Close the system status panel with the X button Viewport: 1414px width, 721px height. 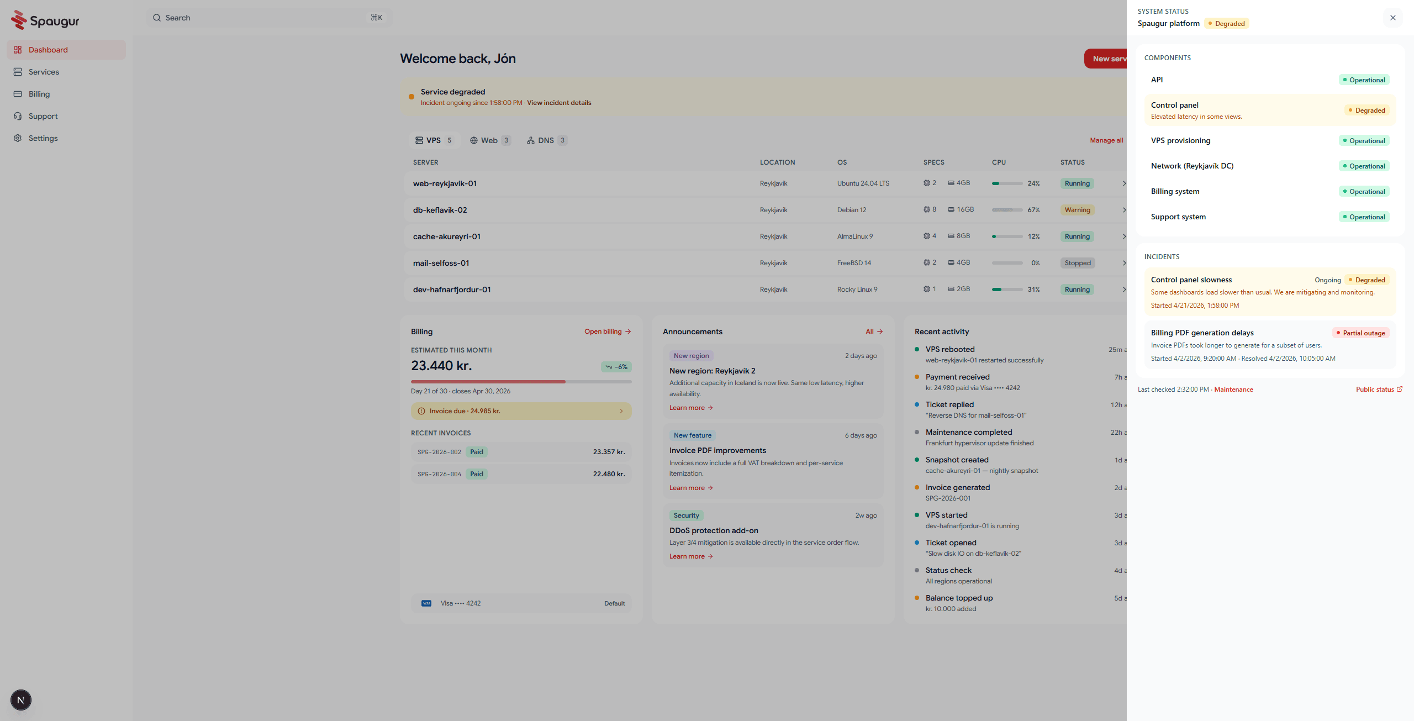pos(1392,18)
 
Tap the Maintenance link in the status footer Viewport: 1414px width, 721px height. pos(1233,390)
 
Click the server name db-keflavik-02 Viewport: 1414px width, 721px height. pos(440,210)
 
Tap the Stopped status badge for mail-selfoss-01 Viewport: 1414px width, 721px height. pos(1078,263)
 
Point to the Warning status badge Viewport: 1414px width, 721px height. pos(1077,210)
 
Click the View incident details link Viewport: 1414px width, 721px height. pos(559,103)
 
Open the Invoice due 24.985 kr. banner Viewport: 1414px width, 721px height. pos(521,411)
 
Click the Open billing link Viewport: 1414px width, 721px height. pos(608,331)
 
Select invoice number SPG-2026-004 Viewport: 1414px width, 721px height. pos(439,474)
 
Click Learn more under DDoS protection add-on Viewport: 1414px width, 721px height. pos(691,556)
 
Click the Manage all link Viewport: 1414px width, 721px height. pos(1106,140)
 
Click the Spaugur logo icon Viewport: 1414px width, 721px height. pos(19,20)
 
